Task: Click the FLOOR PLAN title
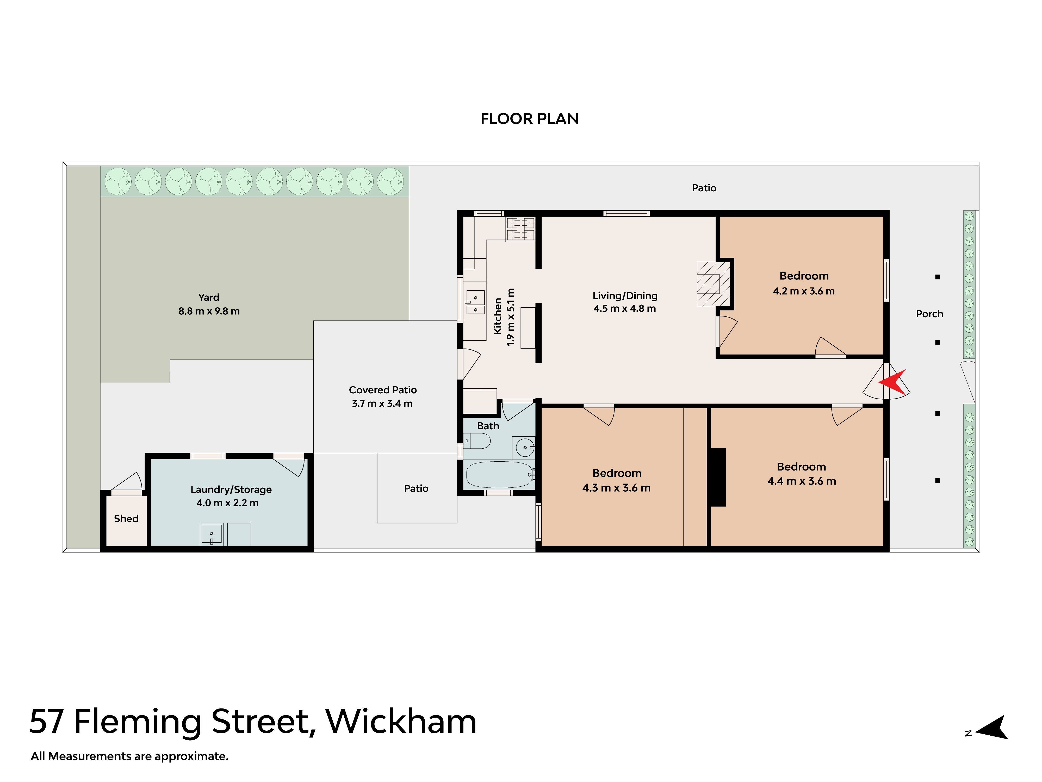530,119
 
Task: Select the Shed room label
126,518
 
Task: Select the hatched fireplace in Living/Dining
713,284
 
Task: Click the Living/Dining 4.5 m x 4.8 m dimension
625,308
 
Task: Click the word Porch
929,314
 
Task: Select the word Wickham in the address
401,722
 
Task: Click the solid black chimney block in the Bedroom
718,478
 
